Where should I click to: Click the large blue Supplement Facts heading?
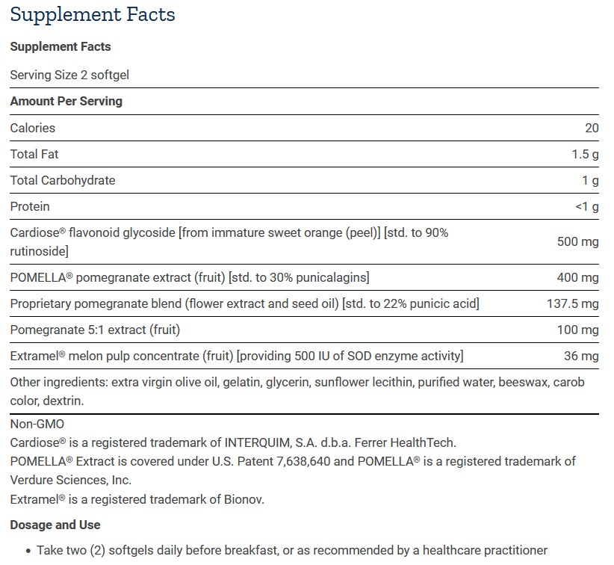[93, 14]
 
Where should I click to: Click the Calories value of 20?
[592, 128]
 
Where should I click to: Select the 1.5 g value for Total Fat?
[584, 154]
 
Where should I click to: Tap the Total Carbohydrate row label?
[62, 180]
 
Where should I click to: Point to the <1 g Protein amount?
[587, 206]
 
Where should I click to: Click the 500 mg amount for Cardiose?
[577, 241]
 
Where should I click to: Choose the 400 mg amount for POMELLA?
[577, 277]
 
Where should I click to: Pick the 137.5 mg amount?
[573, 303]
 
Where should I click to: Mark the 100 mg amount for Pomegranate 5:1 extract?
[578, 330]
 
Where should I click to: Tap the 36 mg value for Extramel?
[581, 356]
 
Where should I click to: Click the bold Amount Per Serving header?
[66, 101]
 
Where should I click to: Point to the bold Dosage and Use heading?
[55, 525]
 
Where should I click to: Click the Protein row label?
[30, 206]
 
